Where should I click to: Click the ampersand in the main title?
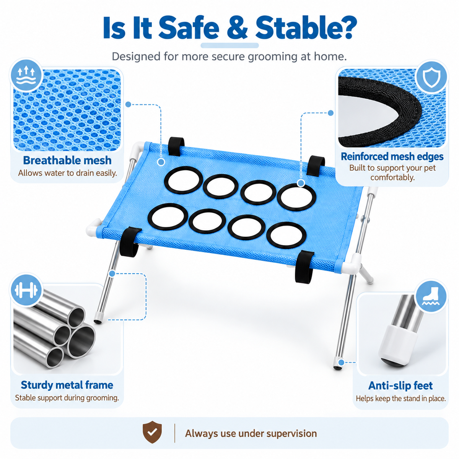click(237, 28)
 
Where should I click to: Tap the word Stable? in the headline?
click(306, 28)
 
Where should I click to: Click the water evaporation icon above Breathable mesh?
click(26, 75)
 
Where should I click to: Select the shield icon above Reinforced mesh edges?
click(431, 77)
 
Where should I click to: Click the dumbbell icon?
click(26, 290)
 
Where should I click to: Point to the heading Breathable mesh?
click(67, 160)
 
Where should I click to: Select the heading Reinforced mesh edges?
click(392, 156)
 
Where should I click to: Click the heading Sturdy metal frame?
click(67, 385)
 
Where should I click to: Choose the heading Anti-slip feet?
click(400, 386)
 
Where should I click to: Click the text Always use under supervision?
click(251, 433)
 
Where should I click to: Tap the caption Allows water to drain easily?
click(68, 173)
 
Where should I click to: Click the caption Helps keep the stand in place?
click(400, 399)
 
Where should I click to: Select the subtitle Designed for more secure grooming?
click(229, 57)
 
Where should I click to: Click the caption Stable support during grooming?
click(67, 398)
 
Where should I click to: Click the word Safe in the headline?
click(189, 28)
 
